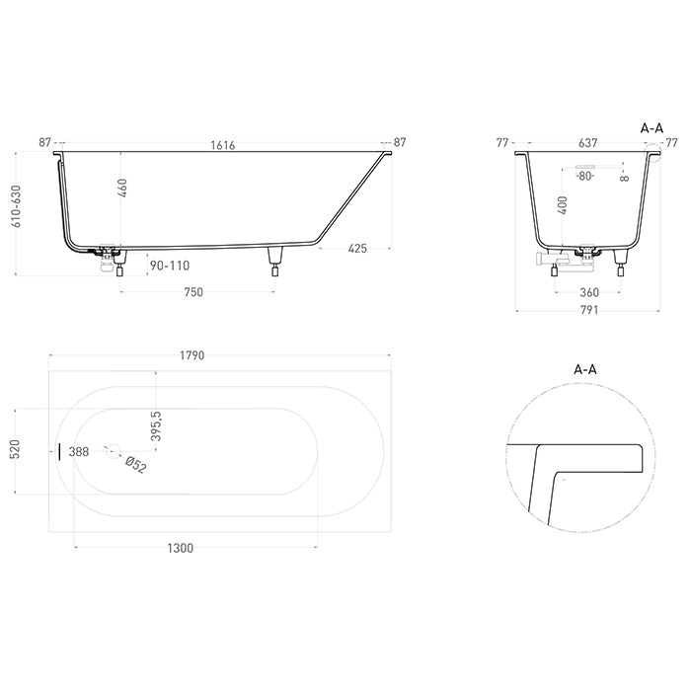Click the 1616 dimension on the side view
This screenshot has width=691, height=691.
click(222, 144)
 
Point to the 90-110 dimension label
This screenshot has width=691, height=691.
click(169, 266)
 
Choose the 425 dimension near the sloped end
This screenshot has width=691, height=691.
click(356, 249)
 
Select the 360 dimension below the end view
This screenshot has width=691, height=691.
click(588, 292)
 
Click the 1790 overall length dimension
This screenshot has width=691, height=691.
click(218, 355)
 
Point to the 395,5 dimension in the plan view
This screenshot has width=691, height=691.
click(156, 425)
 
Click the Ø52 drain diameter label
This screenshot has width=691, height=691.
click(135, 463)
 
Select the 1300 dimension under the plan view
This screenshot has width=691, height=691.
click(181, 549)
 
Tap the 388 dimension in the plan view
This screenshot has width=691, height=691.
click(80, 451)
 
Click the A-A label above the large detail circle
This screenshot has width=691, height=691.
click(585, 369)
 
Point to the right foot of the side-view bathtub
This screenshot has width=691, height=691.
click(274, 263)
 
